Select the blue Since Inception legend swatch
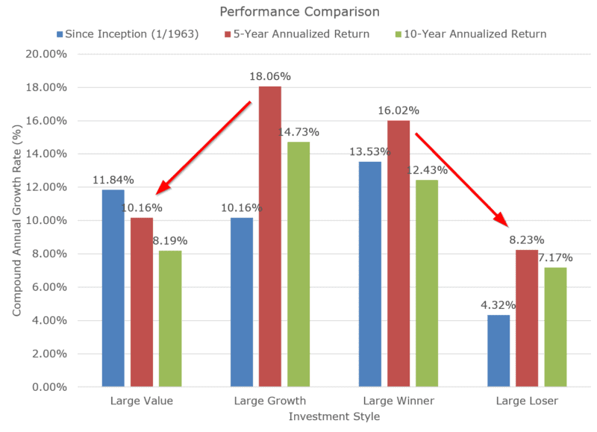(x=59, y=34)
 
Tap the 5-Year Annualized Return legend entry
(x=298, y=34)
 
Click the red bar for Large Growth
(x=269, y=237)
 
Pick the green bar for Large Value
(x=170, y=319)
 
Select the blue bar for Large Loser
(x=498, y=351)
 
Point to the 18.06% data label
(x=269, y=76)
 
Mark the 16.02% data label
(x=398, y=110)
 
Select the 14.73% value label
(x=298, y=132)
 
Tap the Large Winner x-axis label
(x=398, y=401)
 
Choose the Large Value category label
(x=141, y=401)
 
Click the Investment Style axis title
(x=334, y=417)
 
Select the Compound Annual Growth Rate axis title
(x=16, y=220)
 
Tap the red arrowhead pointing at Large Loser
(x=504, y=221)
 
